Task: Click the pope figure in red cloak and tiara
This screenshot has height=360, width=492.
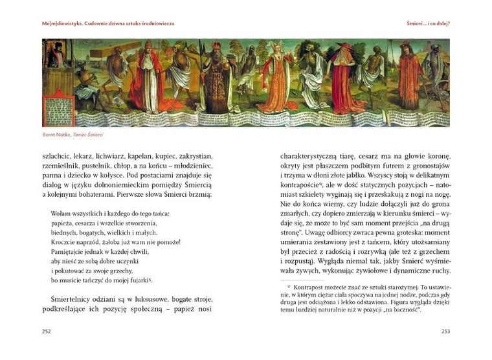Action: pos(146,78)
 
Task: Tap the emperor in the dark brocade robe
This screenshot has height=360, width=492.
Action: pos(217,81)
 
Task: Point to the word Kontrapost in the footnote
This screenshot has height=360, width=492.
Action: pos(312,286)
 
